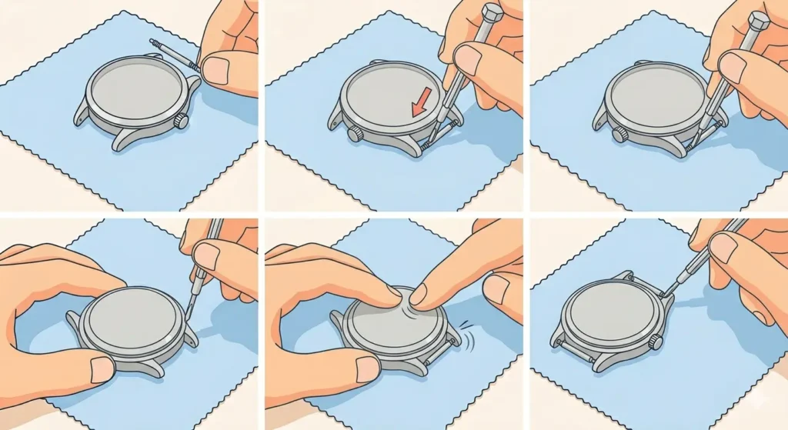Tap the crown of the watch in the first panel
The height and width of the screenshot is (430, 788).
point(182,121)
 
